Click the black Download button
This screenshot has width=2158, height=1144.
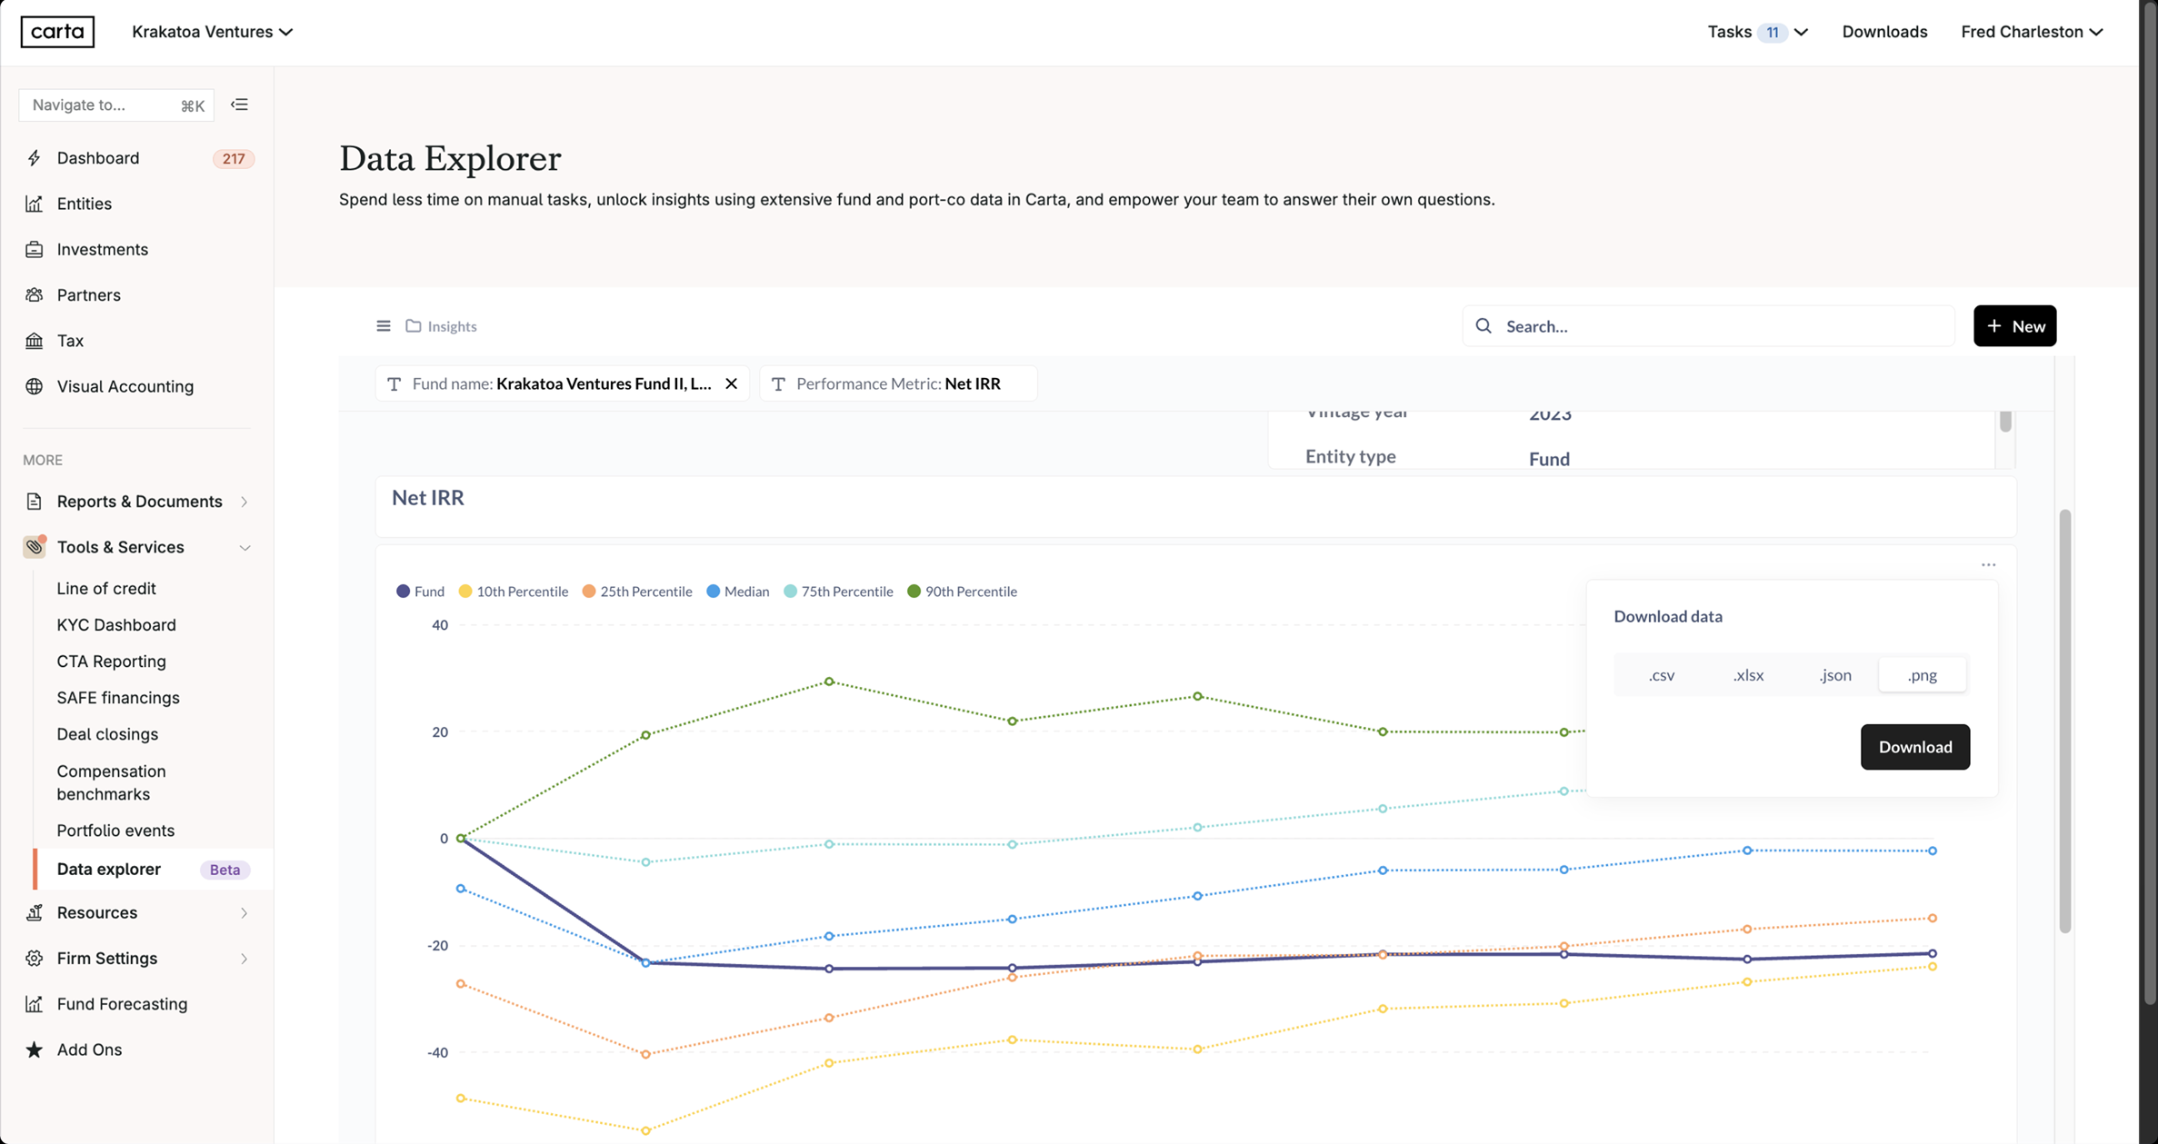[x=1914, y=747]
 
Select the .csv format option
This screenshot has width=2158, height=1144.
[x=1661, y=675]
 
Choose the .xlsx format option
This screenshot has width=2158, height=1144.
[x=1748, y=675]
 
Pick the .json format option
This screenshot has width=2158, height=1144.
[x=1834, y=675]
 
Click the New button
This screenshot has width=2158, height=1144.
[x=2014, y=326]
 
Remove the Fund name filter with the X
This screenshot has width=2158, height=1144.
[x=731, y=383]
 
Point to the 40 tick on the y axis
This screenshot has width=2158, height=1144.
[x=440, y=625]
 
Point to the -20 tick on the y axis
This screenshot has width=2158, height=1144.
[x=438, y=946]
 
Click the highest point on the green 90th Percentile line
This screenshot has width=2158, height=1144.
[x=829, y=681]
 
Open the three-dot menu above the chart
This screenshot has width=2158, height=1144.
[x=1988, y=565]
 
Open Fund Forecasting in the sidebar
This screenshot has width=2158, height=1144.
[x=122, y=1004]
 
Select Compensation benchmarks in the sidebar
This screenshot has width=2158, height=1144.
[x=111, y=782]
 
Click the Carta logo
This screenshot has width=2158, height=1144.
[x=57, y=32]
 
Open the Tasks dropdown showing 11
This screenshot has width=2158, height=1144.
[x=1757, y=32]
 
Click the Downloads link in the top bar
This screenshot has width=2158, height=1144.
[x=1884, y=32]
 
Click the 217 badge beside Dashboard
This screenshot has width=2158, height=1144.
[x=233, y=159]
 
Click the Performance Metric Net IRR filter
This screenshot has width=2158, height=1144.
[x=897, y=383]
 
